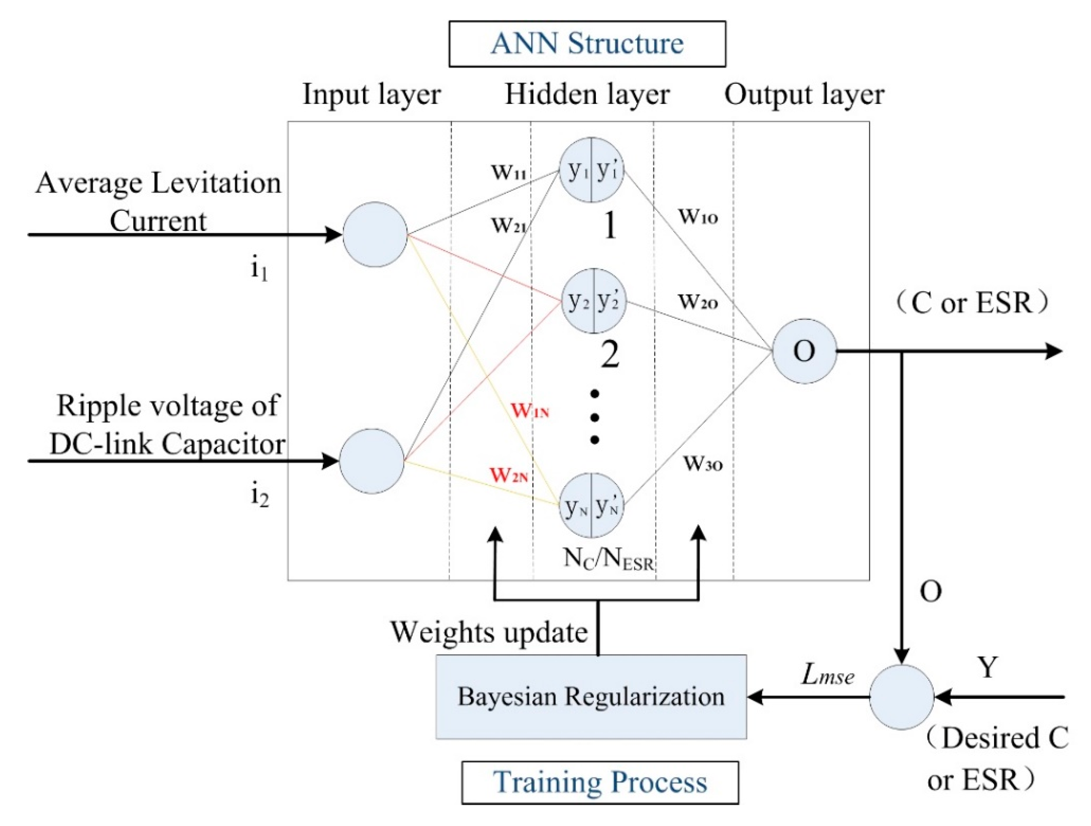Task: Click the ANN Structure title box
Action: pyautogui.click(x=587, y=43)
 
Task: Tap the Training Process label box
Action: pyautogui.click(x=600, y=783)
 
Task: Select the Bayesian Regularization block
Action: pyautogui.click(x=591, y=697)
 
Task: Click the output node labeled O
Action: pyautogui.click(x=804, y=351)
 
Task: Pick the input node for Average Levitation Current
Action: pyautogui.click(x=375, y=234)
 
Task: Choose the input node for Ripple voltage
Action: pyautogui.click(x=371, y=461)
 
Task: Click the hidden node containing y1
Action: pyautogui.click(x=591, y=170)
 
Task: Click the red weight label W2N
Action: pyautogui.click(x=509, y=475)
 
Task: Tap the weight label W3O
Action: pyautogui.click(x=703, y=463)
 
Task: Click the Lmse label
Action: pyautogui.click(x=828, y=674)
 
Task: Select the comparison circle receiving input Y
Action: pyautogui.click(x=902, y=697)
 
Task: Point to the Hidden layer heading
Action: pyautogui.click(x=587, y=95)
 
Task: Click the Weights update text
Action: pyautogui.click(x=489, y=633)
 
